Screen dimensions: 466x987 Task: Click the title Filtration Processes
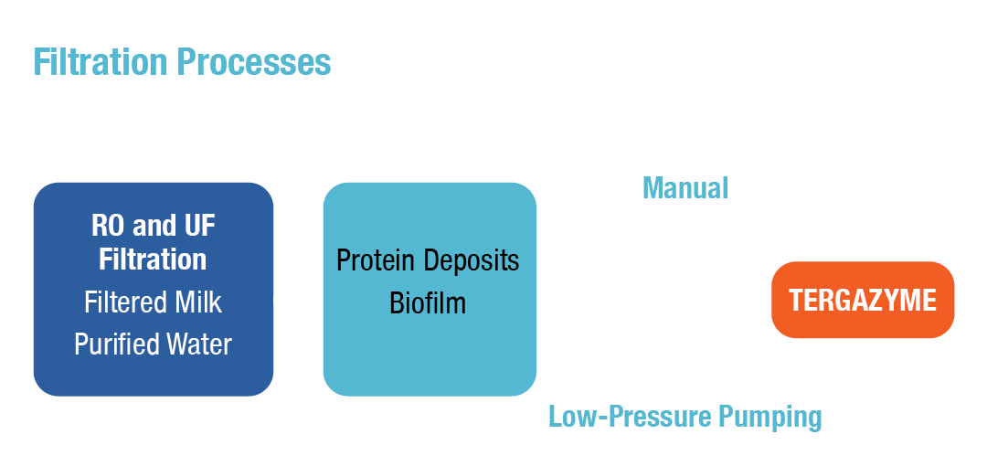point(182,62)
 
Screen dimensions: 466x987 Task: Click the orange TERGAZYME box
point(863,301)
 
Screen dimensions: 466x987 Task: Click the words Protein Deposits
point(428,260)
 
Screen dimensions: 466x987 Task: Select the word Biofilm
point(428,302)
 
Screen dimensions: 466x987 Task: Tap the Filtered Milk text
point(153,302)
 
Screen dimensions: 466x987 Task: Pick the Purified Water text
point(153,344)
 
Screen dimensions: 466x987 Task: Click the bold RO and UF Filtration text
point(153,242)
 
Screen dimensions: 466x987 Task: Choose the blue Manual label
point(685,188)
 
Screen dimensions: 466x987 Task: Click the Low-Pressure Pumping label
point(685,417)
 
